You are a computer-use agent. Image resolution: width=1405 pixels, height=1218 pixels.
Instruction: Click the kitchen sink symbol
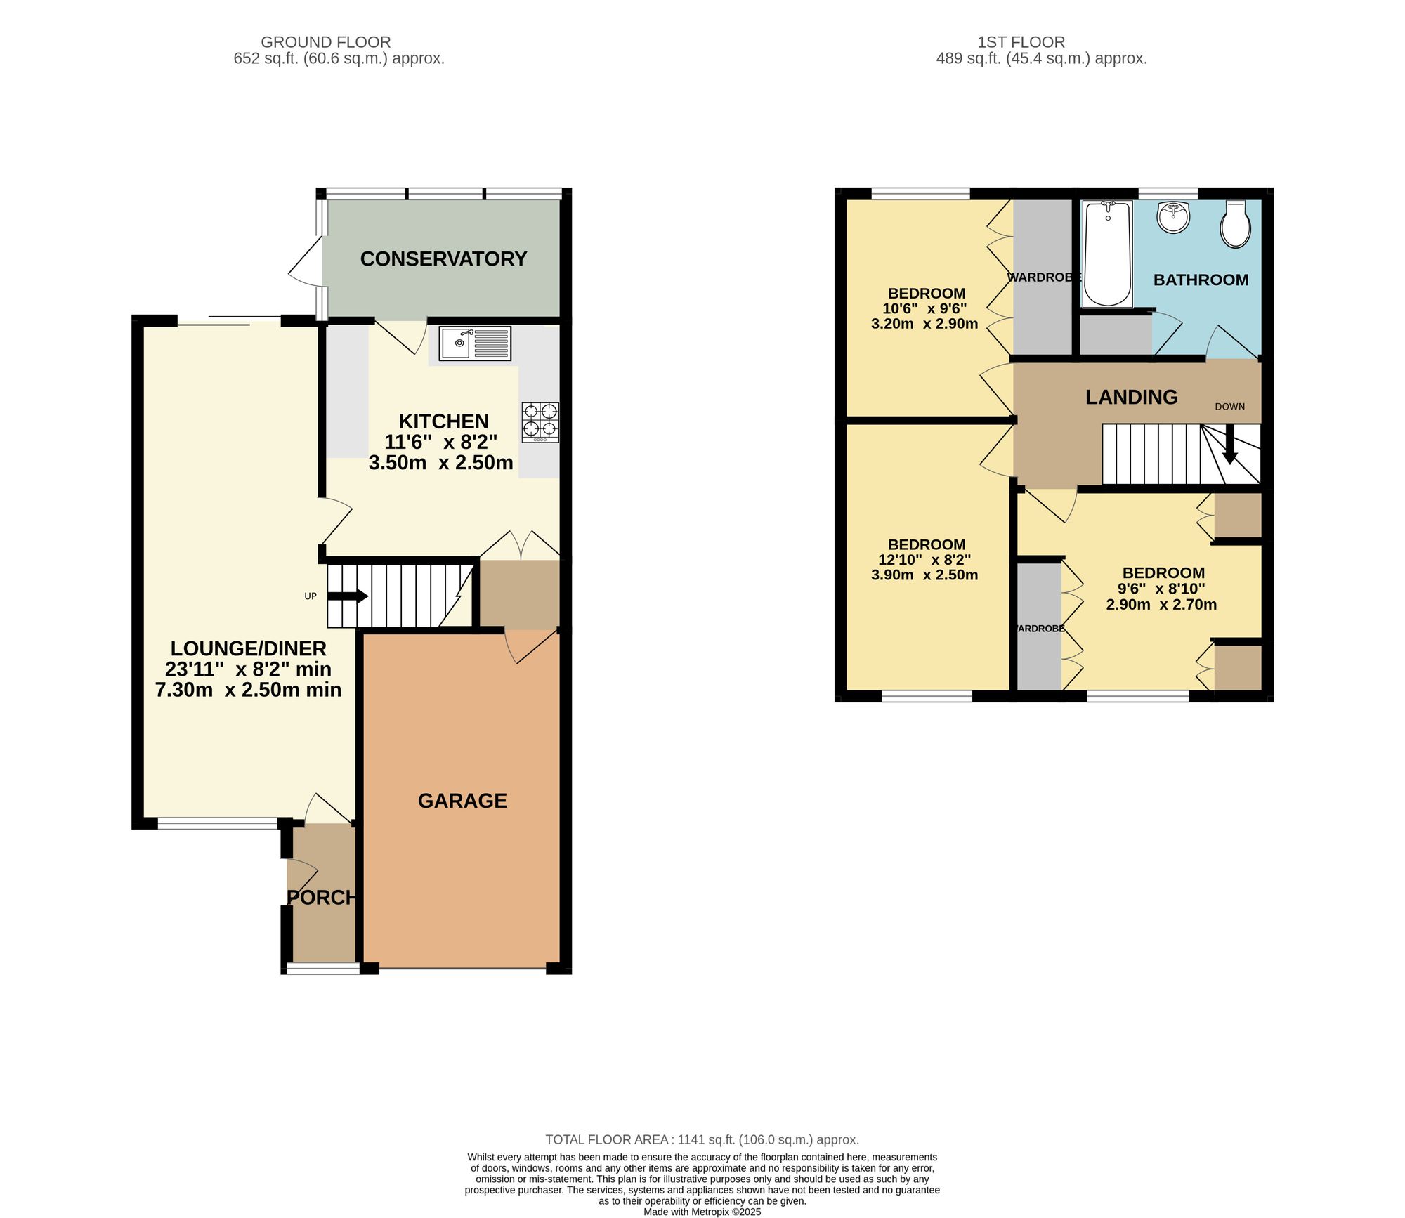(475, 343)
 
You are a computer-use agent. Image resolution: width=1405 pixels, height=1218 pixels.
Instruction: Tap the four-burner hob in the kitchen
(540, 421)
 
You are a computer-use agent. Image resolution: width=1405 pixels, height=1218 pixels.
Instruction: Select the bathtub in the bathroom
(1107, 254)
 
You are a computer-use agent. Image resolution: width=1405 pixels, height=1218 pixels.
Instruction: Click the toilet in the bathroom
(1235, 223)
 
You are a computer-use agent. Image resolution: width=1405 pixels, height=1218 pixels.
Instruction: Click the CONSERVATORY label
(443, 259)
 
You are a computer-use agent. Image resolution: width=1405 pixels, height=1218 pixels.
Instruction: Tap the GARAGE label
(462, 801)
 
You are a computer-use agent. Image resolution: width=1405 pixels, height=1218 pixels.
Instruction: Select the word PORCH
(322, 898)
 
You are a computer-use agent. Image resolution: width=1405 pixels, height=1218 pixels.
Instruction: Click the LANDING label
(1131, 398)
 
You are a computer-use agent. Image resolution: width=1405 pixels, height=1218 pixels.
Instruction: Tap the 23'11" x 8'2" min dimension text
(248, 669)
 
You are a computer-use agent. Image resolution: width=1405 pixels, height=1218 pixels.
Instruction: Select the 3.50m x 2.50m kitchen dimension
(440, 463)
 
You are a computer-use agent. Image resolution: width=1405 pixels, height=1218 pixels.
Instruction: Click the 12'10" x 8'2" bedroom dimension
(924, 560)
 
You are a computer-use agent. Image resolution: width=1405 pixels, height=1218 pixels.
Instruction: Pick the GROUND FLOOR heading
(325, 42)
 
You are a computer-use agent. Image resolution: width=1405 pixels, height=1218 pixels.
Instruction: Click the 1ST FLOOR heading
(1021, 42)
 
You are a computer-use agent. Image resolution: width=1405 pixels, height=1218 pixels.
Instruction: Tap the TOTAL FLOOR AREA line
(702, 1140)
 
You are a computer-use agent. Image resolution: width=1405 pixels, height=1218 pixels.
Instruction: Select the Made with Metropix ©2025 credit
(702, 1212)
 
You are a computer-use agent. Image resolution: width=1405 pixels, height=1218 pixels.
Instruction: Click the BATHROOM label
(1201, 280)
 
